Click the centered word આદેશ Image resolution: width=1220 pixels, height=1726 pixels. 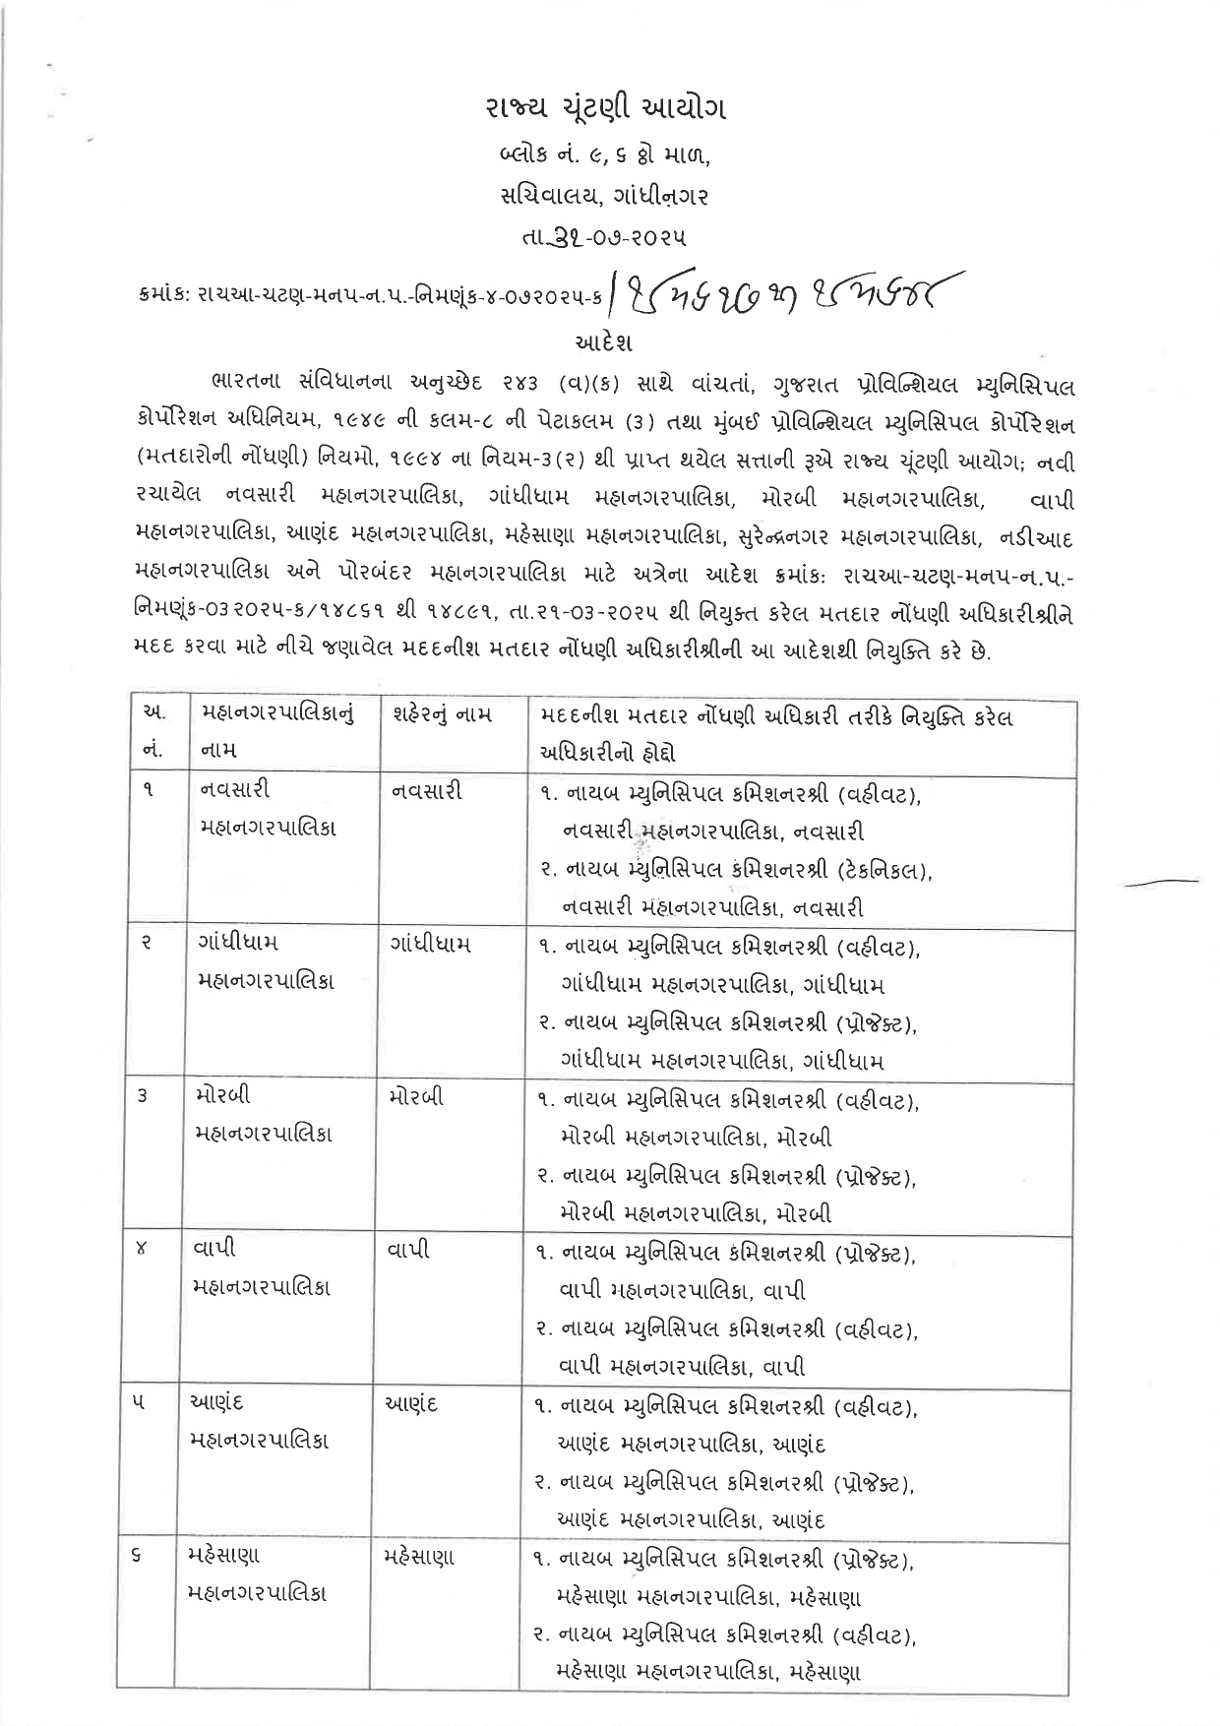[x=603, y=343]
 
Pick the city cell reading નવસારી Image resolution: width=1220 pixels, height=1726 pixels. [x=426, y=790]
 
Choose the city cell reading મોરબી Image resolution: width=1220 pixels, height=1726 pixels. [x=416, y=1096]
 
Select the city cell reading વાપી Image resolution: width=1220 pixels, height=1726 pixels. [x=409, y=1251]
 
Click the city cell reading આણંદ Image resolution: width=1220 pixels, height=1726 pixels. [x=412, y=1403]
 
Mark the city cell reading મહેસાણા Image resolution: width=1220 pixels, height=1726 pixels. [x=420, y=1557]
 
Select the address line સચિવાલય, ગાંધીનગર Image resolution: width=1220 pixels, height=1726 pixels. [x=604, y=196]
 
